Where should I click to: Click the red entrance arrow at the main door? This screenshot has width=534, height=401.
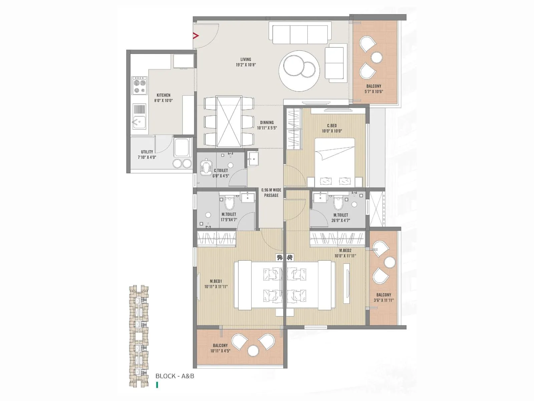coord(196,36)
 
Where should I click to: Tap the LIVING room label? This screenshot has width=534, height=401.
coord(246,62)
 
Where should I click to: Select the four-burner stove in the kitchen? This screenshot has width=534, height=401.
coord(140,86)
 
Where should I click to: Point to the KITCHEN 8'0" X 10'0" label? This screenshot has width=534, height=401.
coord(164,98)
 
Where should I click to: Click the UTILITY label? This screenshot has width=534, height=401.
coord(147,154)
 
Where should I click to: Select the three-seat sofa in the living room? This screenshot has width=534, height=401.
coord(298,34)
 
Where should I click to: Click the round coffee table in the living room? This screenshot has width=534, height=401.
coord(299,71)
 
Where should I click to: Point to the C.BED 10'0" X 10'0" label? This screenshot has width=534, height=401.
coord(332,128)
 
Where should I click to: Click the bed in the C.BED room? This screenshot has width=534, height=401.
coord(335,162)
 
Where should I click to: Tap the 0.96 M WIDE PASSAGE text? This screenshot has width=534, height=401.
coord(271,192)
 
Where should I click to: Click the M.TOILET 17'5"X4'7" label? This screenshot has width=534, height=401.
coord(229,217)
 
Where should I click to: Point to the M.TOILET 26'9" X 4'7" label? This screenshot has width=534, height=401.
coord(340,218)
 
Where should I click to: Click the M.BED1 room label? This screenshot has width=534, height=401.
coord(216,284)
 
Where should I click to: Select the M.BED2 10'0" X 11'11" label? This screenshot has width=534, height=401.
coord(345,253)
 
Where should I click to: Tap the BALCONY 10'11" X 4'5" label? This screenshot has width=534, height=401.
coord(220,348)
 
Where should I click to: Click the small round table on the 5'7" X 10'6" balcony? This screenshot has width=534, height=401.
coord(377,57)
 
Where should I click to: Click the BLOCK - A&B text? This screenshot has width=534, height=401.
coord(175,376)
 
